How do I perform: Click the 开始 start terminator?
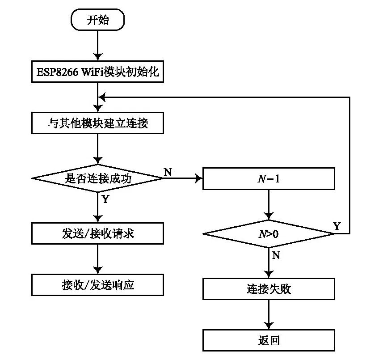click(x=97, y=21)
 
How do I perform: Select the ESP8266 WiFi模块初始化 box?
click(x=97, y=72)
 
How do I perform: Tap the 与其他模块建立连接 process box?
click(x=97, y=123)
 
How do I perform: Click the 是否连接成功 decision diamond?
click(x=97, y=178)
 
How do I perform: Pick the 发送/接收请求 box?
click(x=97, y=233)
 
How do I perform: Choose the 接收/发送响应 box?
click(x=97, y=285)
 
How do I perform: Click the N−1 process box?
click(x=269, y=178)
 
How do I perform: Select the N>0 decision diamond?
click(x=269, y=233)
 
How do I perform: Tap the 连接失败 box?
click(x=269, y=289)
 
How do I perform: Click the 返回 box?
click(x=269, y=340)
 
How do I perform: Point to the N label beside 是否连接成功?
click(x=168, y=172)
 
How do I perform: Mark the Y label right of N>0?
click(x=337, y=226)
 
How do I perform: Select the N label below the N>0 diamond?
click(x=276, y=255)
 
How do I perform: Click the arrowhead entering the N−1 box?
click(x=199, y=178)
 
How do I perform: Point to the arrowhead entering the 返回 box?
click(x=269, y=326)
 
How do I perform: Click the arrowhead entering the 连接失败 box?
click(x=269, y=275)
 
